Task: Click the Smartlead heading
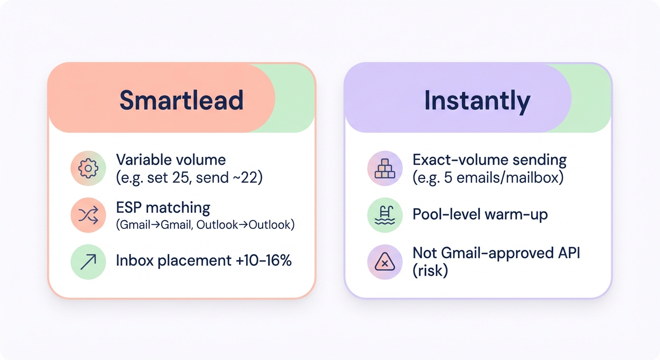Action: coord(181,100)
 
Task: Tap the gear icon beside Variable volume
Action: coord(88,168)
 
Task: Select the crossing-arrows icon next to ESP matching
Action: coord(88,215)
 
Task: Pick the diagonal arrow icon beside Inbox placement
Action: coord(88,262)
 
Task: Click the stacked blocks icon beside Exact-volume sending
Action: coord(385,168)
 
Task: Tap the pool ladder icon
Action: coord(385,215)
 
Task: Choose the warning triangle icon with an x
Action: coord(385,262)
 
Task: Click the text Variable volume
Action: coord(171,160)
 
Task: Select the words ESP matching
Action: coord(163,207)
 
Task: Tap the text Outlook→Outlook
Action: coord(245,225)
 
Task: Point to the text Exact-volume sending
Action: coord(489,160)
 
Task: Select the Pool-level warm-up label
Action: coord(480,215)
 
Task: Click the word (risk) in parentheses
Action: coord(430,271)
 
